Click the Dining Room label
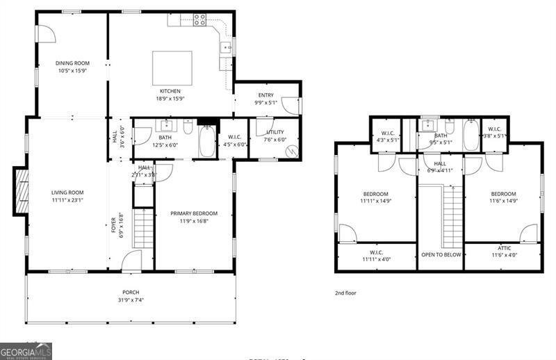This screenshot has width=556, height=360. pos(72,63)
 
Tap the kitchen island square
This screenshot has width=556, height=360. pos(172,66)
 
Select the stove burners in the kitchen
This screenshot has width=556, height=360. pos(199,19)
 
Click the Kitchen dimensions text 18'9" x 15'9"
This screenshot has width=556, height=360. pos(170,99)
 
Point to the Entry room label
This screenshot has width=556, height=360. pos(265,95)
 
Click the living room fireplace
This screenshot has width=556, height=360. pos(22,191)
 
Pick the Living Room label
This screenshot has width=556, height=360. pos(67,193)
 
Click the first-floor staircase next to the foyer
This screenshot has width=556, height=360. pos(142,229)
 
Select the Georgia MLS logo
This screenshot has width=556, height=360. pos(26,351)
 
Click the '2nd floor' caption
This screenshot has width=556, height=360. pos(345,293)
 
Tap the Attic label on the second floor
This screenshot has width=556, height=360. pos(504,247)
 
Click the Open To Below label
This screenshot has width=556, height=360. pos(441,255)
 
